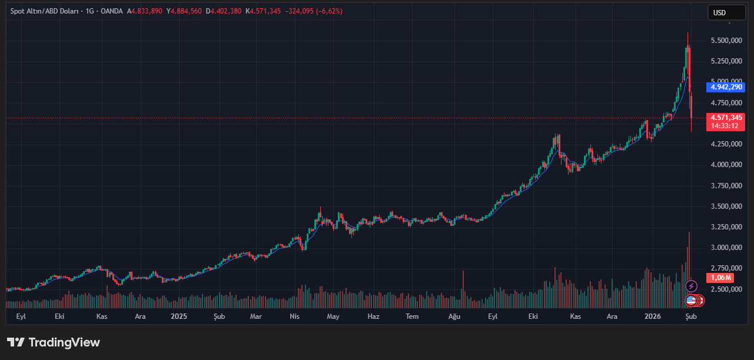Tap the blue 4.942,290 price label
[727, 87]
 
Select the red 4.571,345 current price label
[727, 117]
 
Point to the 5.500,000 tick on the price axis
[727, 41]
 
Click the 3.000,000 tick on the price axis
[727, 248]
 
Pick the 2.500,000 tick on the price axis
[727, 289]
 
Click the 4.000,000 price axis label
[727, 165]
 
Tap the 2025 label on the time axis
[179, 316]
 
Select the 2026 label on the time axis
[652, 316]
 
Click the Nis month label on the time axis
[295, 316]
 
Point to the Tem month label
[412, 316]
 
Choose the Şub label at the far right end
[692, 316]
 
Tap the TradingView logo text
[64, 342]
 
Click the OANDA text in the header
[112, 11]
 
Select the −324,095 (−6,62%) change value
[314, 11]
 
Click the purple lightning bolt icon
[692, 286]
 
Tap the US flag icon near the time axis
[691, 301]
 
